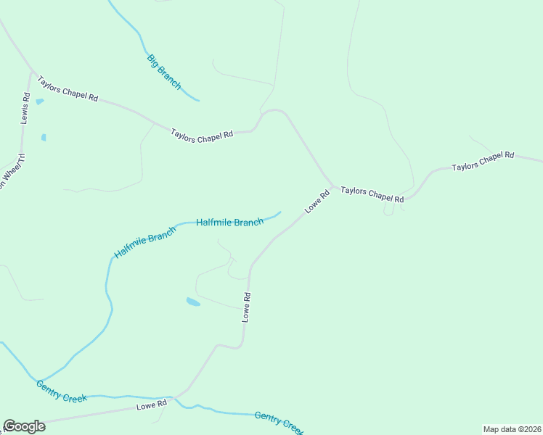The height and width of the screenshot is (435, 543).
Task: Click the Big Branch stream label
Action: click(x=163, y=71)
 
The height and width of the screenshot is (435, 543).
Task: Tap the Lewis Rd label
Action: click(x=25, y=108)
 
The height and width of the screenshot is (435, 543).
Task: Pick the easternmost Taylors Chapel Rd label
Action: click(x=483, y=161)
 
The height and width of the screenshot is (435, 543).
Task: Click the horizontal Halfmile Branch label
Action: click(x=229, y=223)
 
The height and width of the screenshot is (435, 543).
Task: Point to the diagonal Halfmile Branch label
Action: click(x=144, y=243)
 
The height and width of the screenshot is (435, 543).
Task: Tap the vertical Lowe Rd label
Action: click(x=247, y=307)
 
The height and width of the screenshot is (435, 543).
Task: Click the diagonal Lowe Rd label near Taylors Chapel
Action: click(x=317, y=201)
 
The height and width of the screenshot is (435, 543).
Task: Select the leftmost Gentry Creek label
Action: click(x=62, y=392)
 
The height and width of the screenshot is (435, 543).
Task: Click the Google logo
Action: click(x=24, y=426)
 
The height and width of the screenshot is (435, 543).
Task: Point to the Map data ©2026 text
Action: click(x=512, y=429)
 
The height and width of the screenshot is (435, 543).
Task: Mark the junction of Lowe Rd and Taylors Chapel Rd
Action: click(x=334, y=185)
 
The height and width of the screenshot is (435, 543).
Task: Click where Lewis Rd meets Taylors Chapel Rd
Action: click(x=30, y=72)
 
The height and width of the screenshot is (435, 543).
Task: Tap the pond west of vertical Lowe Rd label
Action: click(x=193, y=302)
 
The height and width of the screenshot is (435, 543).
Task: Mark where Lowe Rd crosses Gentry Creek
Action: click(x=175, y=397)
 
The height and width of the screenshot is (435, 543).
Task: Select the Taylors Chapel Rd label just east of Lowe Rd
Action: click(x=372, y=194)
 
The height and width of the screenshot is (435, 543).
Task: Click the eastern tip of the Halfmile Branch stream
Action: click(x=280, y=212)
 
